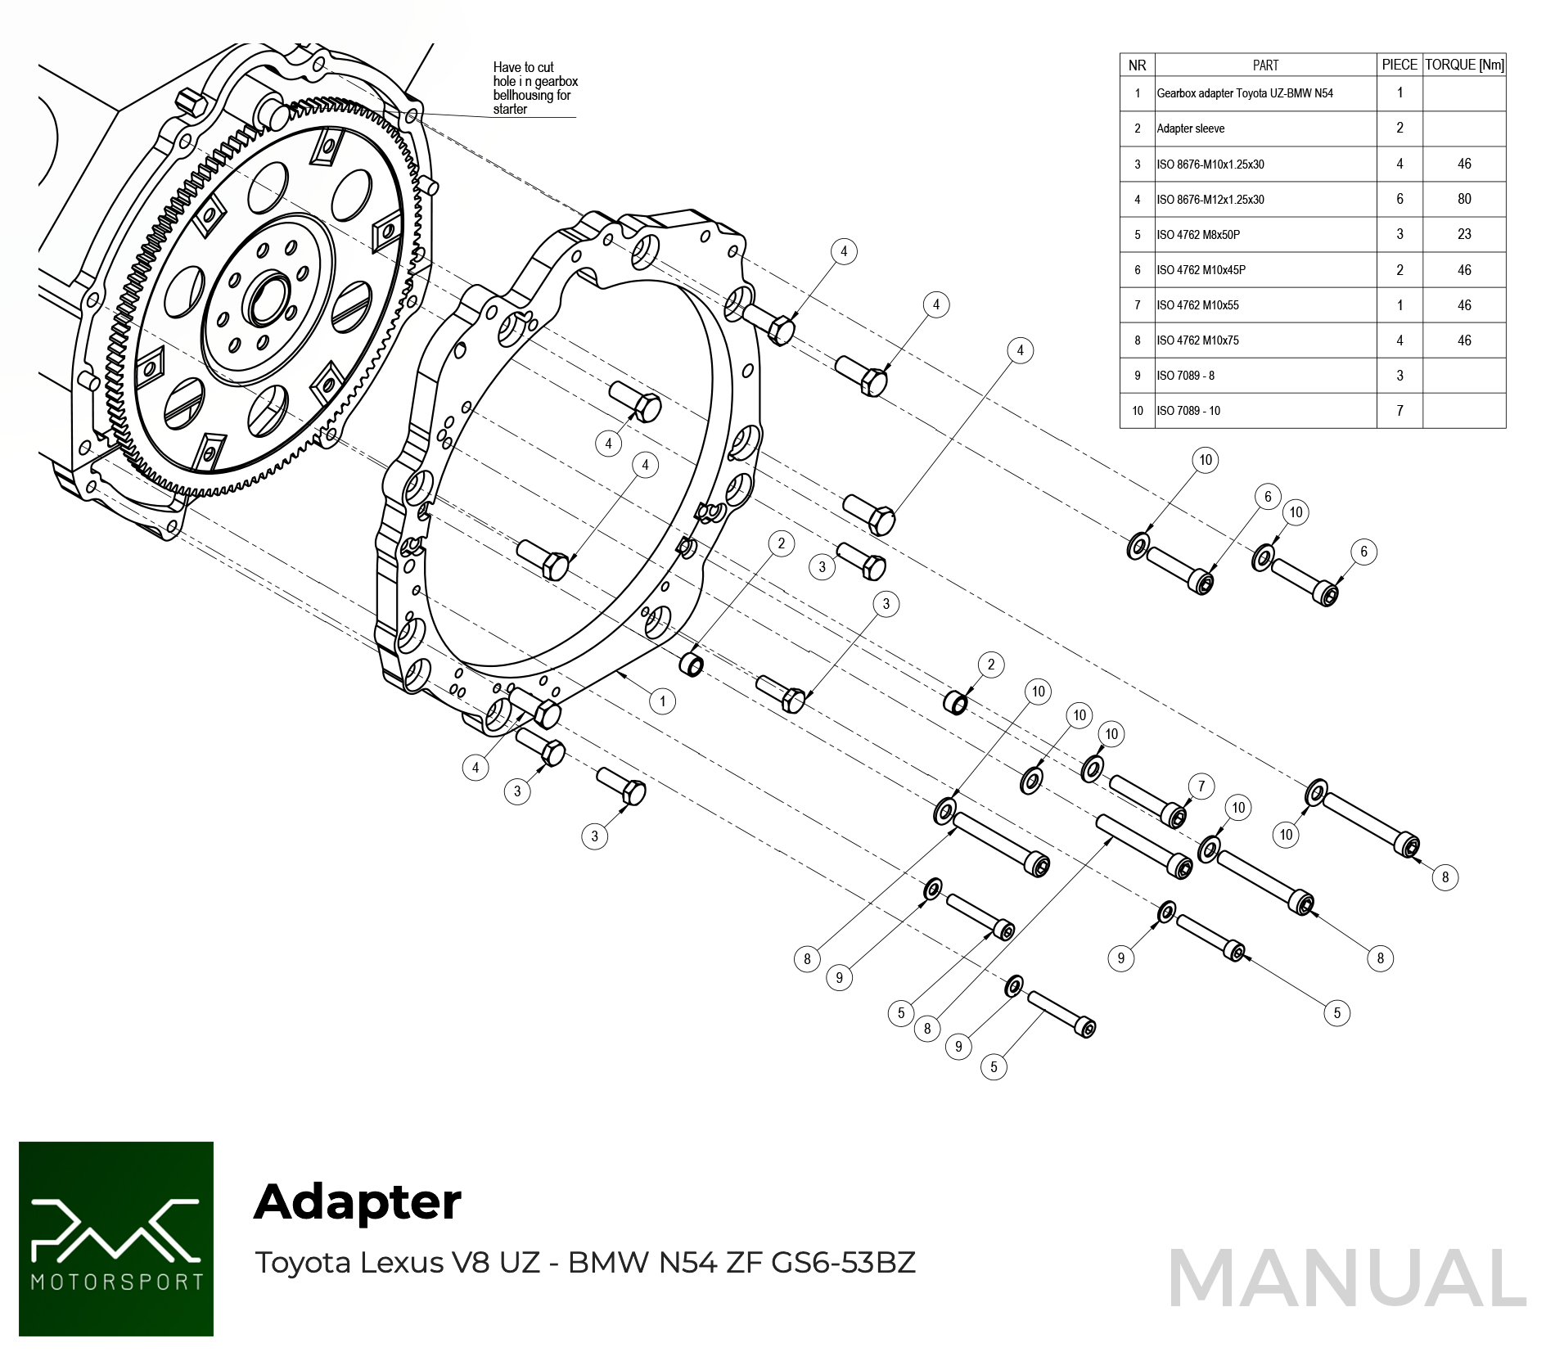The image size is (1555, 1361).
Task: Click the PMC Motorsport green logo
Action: [116, 1238]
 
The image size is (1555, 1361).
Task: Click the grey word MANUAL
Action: [1347, 1279]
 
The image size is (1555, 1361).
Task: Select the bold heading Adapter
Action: [358, 1202]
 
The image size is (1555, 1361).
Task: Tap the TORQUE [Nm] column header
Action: [1464, 65]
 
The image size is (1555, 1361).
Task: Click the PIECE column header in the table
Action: [1399, 65]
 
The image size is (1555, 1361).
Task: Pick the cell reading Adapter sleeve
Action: [1191, 128]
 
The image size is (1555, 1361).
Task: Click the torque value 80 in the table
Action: [1464, 199]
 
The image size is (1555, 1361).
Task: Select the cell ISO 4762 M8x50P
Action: [1198, 235]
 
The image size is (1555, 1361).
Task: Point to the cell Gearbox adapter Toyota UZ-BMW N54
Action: [1245, 93]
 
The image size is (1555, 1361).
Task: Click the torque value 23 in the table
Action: [1464, 234]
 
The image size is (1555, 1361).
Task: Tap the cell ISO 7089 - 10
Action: [1188, 411]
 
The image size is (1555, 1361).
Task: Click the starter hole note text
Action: [534, 88]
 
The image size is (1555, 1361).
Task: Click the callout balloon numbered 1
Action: [663, 701]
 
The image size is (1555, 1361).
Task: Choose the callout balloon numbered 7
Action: [1201, 786]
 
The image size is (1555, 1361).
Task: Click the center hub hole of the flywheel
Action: [268, 300]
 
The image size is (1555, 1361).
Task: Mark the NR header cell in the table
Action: [1137, 65]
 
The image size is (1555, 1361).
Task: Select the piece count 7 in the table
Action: [1399, 411]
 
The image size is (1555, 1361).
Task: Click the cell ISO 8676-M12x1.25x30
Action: [1210, 200]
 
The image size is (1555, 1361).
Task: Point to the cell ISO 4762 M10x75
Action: [1198, 340]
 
